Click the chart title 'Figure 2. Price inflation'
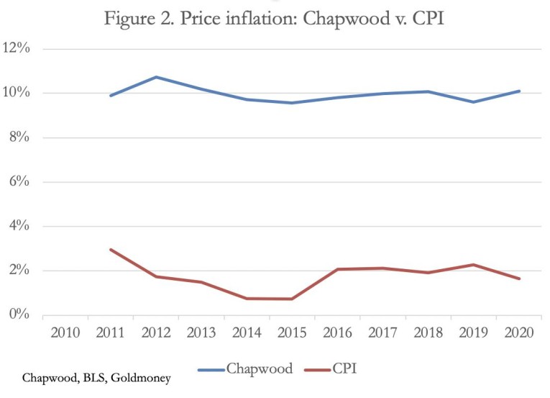click(x=274, y=18)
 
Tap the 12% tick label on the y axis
click(x=16, y=48)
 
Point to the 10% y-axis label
click(x=16, y=93)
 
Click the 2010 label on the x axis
click(x=65, y=333)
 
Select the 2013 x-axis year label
click(x=201, y=333)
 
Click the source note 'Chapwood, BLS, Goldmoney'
click(x=96, y=378)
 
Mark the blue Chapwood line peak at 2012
click(x=156, y=77)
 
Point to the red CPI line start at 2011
click(x=111, y=250)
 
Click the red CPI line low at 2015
click(x=292, y=299)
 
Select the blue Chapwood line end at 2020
click(x=519, y=91)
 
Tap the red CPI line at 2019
click(x=474, y=265)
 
